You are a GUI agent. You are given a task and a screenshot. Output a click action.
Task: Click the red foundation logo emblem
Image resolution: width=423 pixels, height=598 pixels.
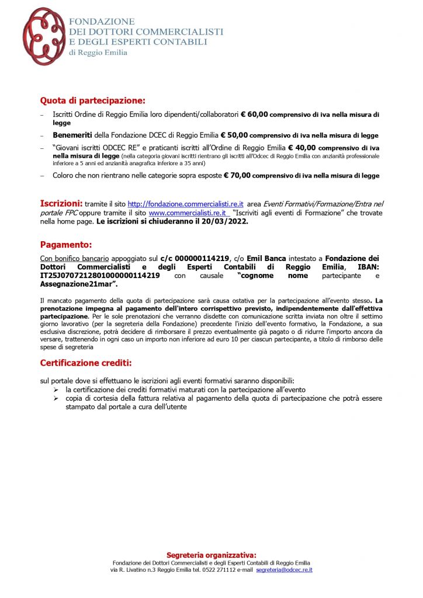coord(44,36)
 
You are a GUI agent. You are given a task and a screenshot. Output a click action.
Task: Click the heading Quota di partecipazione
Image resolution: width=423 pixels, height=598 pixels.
coord(92,100)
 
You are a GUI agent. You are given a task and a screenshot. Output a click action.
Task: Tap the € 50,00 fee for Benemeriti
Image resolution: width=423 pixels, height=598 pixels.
coord(234,135)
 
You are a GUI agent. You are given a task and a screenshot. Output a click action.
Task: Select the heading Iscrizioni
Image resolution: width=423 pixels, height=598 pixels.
coord(61,204)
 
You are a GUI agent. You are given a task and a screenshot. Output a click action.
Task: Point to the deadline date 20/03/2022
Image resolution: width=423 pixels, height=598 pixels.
coord(225,222)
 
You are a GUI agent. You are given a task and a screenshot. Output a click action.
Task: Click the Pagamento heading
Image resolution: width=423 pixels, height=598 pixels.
coord(65,245)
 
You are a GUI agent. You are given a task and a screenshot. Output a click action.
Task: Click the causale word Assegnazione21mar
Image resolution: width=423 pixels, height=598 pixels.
coord(78,284)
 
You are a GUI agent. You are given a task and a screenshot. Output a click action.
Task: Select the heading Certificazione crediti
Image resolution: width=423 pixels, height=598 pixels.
coord(85,363)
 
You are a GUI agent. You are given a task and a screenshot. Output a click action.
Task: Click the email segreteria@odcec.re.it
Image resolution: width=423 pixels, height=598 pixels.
coord(284,569)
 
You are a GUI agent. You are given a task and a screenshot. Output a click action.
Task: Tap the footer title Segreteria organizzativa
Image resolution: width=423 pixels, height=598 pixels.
coord(211,555)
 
